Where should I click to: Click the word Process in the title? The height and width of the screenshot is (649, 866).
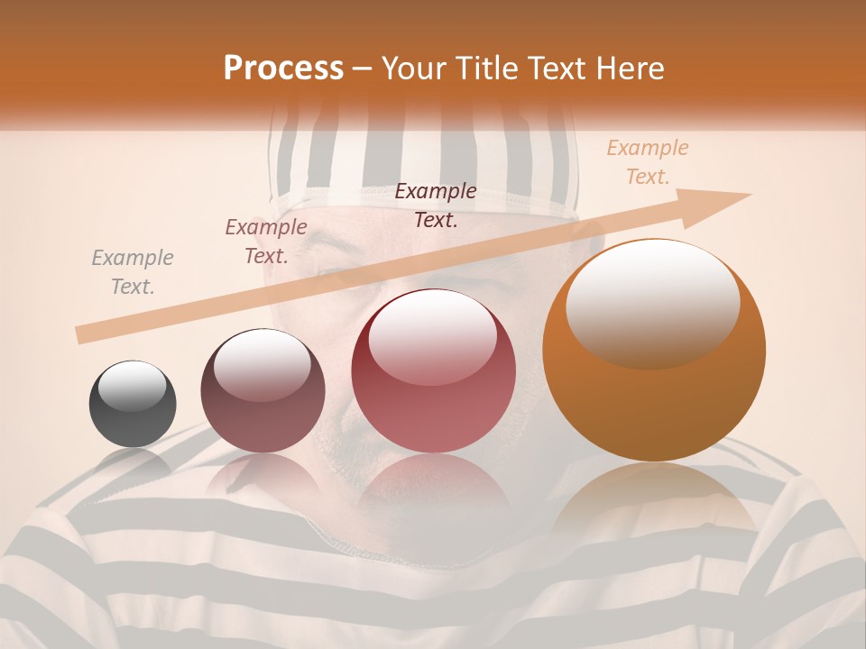[x=283, y=69]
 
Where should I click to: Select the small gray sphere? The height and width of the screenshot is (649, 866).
[x=133, y=404]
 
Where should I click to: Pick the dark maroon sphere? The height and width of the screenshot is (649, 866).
[x=263, y=391]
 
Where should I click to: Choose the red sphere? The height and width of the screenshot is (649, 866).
[x=433, y=371]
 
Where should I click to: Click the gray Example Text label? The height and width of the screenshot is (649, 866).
[x=133, y=272]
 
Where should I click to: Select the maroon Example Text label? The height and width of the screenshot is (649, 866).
[x=266, y=242]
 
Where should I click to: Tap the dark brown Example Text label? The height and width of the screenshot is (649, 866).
[x=436, y=206]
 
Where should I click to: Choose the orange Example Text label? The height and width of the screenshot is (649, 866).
[x=647, y=162]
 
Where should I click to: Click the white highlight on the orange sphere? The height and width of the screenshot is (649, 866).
[x=652, y=302]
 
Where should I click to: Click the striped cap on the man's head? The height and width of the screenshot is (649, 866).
[x=424, y=162]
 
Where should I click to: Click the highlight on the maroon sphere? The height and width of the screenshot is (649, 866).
[x=262, y=365]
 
